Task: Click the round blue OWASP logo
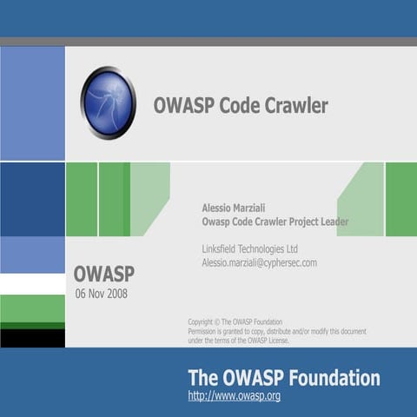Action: pos(109,103)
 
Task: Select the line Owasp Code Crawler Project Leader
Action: pos(275,222)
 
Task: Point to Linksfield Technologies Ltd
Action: pos(249,248)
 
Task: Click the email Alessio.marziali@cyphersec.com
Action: pos(259,262)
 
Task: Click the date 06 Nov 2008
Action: pos(101,294)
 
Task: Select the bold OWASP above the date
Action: pos(103,275)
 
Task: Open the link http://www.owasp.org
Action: pos(234,396)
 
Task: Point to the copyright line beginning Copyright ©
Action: pos(235,322)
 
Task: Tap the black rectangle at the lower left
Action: pos(32,337)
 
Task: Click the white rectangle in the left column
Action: pos(32,284)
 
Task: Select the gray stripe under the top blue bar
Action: pos(208,42)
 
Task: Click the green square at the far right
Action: pos(400,199)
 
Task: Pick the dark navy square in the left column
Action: pos(32,199)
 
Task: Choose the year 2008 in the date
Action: pos(116,294)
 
